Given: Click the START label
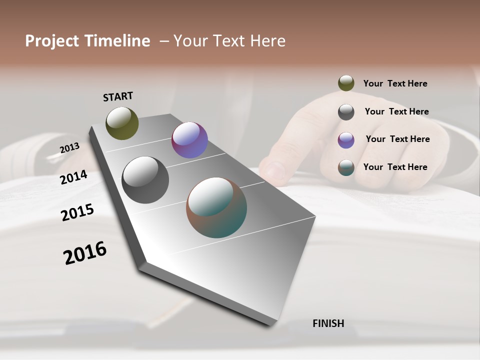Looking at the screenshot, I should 118,96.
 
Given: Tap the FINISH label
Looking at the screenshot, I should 328,323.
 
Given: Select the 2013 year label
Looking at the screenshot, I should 69,148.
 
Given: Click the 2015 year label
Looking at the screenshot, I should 77,212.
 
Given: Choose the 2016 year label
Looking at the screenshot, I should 85,253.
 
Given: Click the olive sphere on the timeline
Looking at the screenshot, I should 122,123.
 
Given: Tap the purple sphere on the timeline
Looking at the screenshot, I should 189,140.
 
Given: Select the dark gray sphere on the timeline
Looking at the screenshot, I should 145,180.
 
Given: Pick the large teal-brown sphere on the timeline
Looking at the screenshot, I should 216,207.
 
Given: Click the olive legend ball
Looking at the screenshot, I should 346,83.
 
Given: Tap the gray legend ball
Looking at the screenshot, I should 346,112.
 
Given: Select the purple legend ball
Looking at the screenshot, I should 346,140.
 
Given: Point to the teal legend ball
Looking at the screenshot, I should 346,167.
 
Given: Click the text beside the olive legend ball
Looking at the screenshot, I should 395,83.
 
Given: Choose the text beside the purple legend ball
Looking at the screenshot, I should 397,139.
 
